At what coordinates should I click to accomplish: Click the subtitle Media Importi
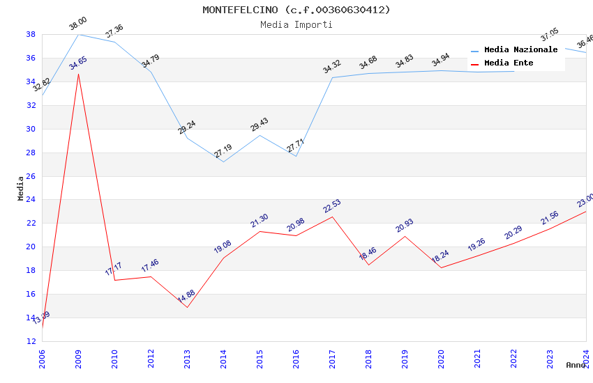[x=296, y=24]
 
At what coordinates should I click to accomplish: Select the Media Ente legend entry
[x=509, y=63]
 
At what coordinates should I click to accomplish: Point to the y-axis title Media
[x=20, y=188]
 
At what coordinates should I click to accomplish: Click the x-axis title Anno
[x=576, y=365]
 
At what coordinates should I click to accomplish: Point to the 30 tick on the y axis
[x=31, y=129]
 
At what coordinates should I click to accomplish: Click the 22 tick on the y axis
[x=31, y=224]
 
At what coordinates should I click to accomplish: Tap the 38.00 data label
[x=77, y=25]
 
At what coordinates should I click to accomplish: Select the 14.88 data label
[x=186, y=297]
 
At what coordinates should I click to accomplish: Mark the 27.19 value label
[x=223, y=152]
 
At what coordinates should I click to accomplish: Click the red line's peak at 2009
[x=78, y=73]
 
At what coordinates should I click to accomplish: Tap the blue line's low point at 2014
[x=223, y=162]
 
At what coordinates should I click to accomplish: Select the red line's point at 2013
[x=187, y=307]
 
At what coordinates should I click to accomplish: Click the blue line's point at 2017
[x=332, y=77]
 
